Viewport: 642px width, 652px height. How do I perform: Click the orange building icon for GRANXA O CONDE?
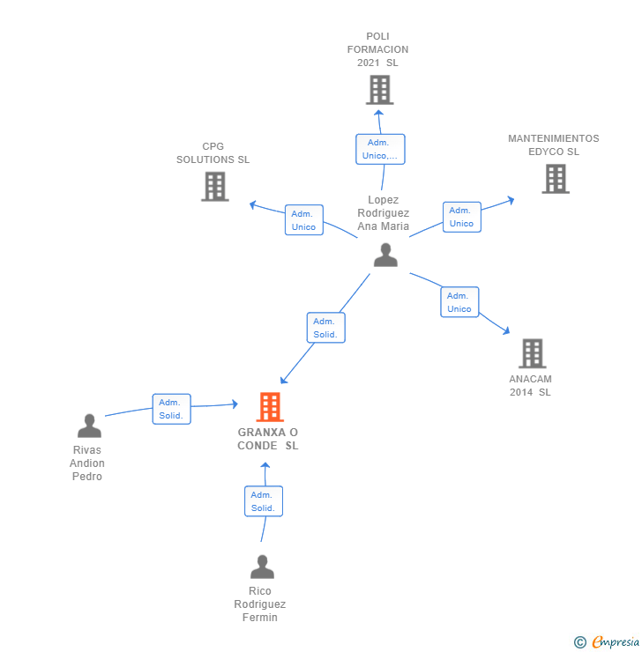[x=270, y=407]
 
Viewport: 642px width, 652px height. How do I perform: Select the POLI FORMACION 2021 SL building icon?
[x=379, y=90]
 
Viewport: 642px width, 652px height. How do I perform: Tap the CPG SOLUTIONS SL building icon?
[x=215, y=187]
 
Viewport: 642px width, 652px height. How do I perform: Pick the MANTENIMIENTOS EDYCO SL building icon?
[x=556, y=179]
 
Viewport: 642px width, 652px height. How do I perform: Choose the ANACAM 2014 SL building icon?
[x=532, y=353]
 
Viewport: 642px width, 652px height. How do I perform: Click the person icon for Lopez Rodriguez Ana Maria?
[x=385, y=255]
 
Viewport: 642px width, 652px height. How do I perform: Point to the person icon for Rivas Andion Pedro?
[x=89, y=426]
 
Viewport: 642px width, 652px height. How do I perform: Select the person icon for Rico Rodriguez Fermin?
[x=262, y=567]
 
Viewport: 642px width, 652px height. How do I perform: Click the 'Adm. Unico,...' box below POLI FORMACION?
[x=380, y=149]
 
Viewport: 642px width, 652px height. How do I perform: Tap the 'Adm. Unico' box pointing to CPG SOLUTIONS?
[x=304, y=220]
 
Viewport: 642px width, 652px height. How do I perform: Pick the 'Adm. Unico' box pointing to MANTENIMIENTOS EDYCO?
[x=462, y=217]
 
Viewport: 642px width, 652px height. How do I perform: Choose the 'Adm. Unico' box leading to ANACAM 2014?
[x=459, y=302]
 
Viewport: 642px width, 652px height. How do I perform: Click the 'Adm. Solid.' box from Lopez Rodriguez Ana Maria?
[x=325, y=328]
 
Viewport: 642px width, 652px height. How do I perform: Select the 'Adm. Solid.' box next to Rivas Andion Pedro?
[x=171, y=409]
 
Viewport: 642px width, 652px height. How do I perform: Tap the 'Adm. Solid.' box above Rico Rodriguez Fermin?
[x=264, y=501]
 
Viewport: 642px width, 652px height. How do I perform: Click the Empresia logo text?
[x=616, y=641]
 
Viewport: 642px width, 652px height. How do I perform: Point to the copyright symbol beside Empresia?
[x=580, y=642]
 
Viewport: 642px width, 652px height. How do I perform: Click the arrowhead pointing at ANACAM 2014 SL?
[x=506, y=331]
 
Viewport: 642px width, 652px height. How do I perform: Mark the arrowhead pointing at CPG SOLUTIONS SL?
[x=252, y=204]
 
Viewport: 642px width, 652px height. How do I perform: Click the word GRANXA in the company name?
[x=262, y=433]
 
